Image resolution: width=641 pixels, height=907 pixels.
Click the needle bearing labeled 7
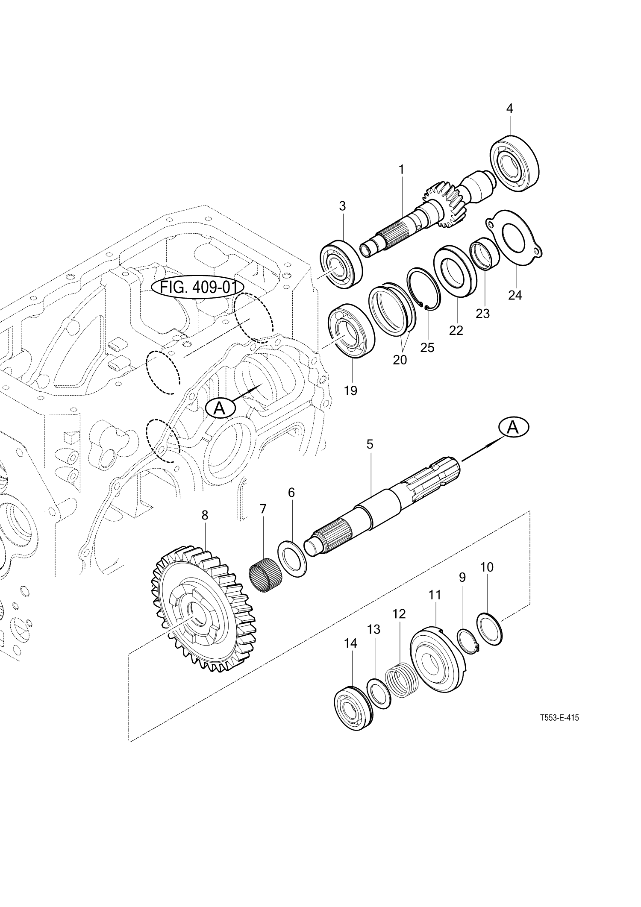[x=265, y=575]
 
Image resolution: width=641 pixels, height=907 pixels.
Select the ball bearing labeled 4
[x=514, y=162]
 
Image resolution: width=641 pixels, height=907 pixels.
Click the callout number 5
[x=370, y=444]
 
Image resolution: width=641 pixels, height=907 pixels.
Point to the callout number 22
[x=456, y=330]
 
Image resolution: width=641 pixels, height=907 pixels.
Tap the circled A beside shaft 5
[x=513, y=427]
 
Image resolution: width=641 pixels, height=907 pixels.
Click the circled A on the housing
[x=220, y=408]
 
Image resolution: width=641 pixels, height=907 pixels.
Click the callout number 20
[x=400, y=360]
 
